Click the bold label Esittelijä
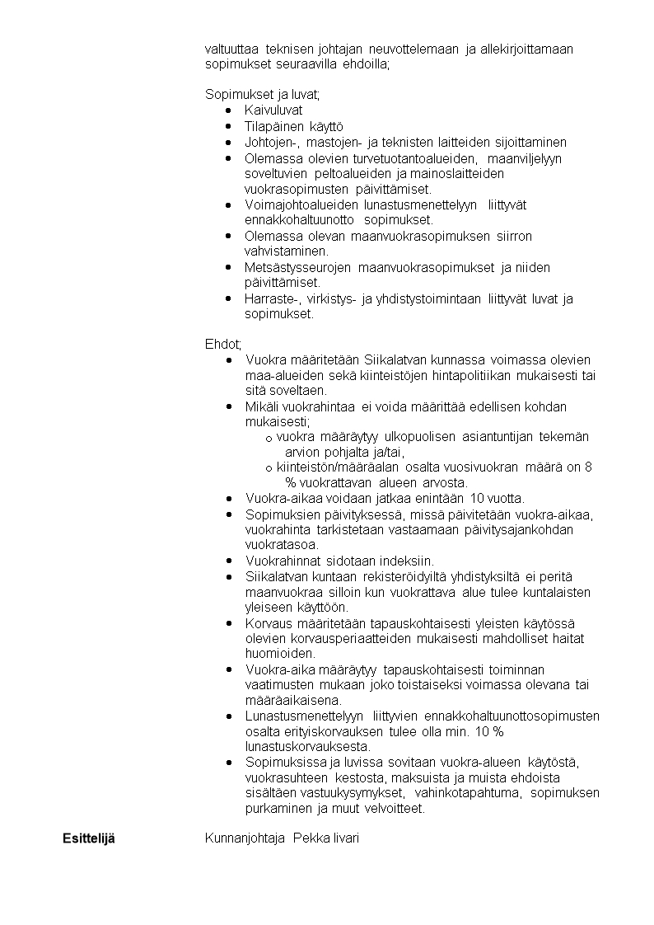point(89,838)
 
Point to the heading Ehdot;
point(223,344)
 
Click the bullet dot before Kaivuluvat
point(228,110)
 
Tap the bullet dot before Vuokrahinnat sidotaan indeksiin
point(228,561)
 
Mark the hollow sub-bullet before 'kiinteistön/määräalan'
point(269,468)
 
